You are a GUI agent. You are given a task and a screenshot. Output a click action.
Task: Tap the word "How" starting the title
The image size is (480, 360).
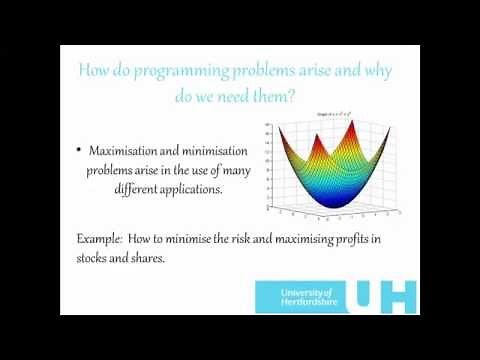94,71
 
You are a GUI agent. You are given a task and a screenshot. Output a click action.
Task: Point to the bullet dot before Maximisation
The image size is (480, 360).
79,150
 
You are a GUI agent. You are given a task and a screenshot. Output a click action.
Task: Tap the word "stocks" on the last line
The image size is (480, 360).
96,257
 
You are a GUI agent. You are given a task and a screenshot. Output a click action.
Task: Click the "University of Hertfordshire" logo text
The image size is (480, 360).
297,297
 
